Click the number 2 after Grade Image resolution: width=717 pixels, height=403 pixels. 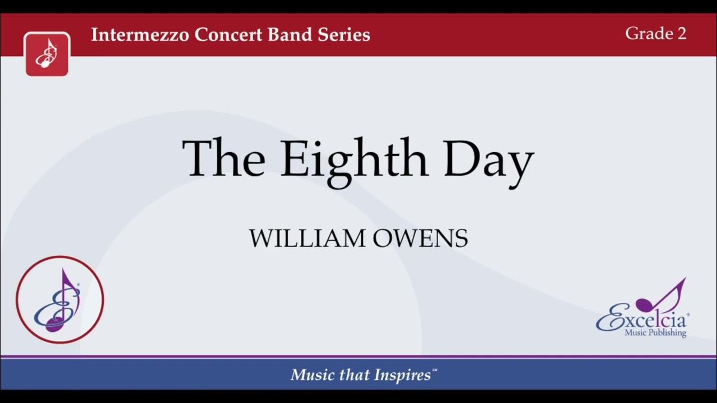coord(681,34)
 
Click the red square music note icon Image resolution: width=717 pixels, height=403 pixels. coord(47,54)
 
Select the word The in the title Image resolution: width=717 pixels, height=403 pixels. coord(224,158)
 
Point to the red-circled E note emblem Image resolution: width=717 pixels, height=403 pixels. coord(59,299)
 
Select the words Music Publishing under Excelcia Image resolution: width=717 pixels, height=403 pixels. coord(655,334)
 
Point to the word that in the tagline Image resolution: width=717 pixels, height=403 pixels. coord(352,375)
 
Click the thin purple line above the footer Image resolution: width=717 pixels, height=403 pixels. coord(358,357)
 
